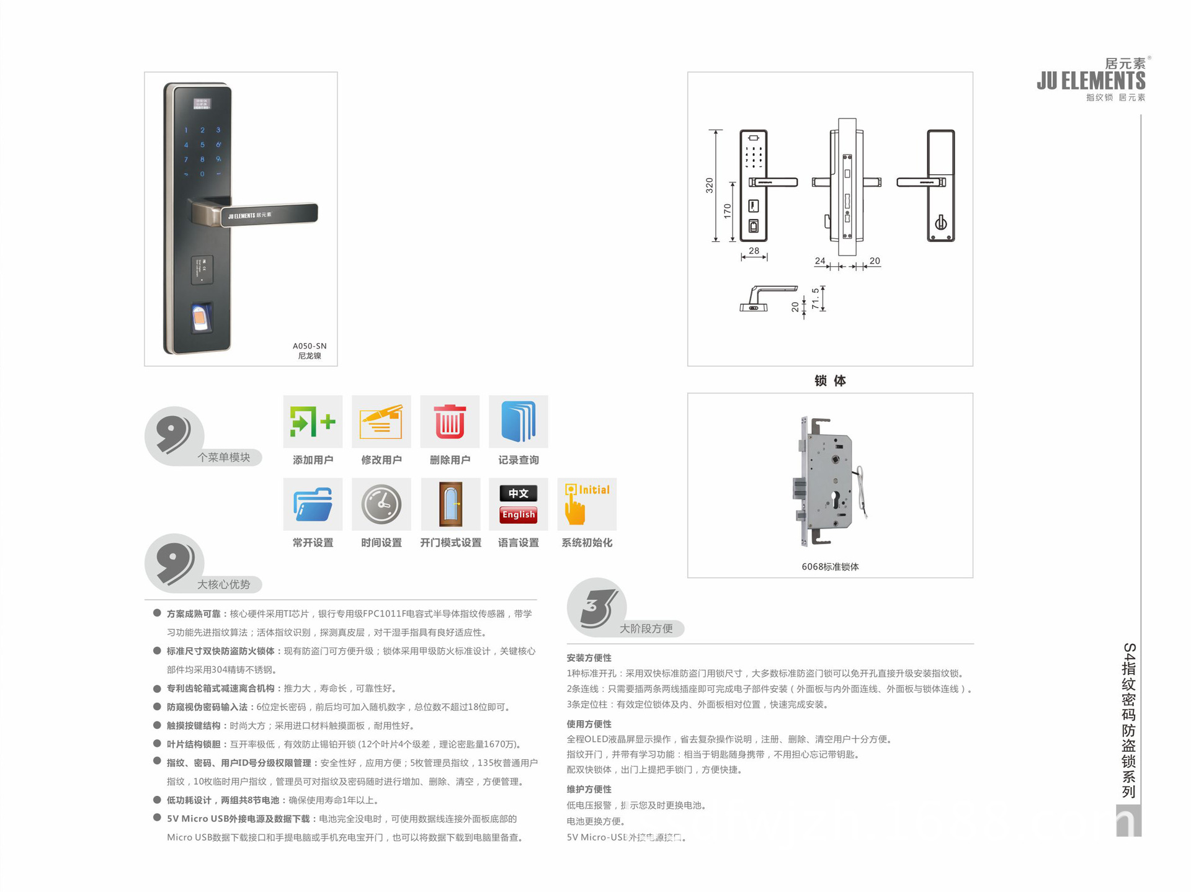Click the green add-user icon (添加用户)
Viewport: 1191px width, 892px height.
tap(313, 422)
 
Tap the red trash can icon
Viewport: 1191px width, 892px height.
tap(450, 422)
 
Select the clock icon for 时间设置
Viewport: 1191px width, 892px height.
tap(381, 504)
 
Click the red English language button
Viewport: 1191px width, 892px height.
tap(519, 515)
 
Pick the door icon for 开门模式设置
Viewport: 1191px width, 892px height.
tap(450, 504)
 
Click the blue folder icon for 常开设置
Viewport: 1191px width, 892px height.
tap(313, 504)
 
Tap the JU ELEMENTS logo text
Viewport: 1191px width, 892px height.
tap(1091, 81)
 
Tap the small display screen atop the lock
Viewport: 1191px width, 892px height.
tap(202, 104)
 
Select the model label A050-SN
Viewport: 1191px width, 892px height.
tap(310, 346)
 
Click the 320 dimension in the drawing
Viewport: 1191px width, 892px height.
tap(709, 185)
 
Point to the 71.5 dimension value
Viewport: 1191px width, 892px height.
tap(815, 298)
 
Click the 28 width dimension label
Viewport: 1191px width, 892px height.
tap(754, 251)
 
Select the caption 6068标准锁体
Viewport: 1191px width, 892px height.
tap(830, 566)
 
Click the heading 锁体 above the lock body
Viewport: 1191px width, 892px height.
tap(830, 380)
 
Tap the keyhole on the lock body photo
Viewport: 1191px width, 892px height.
tap(836, 500)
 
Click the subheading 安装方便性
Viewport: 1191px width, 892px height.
tap(589, 658)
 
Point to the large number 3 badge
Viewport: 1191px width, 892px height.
tap(595, 607)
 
